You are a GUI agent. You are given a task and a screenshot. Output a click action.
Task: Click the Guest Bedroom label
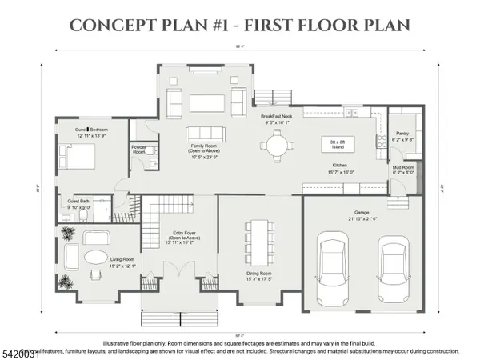(91, 129)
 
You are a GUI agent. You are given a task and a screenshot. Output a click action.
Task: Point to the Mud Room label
(402, 166)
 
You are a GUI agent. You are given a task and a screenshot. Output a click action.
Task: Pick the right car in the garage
(392, 268)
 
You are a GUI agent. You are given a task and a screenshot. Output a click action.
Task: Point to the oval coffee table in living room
(94, 258)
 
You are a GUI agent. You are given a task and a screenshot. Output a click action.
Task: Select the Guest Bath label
(78, 201)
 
